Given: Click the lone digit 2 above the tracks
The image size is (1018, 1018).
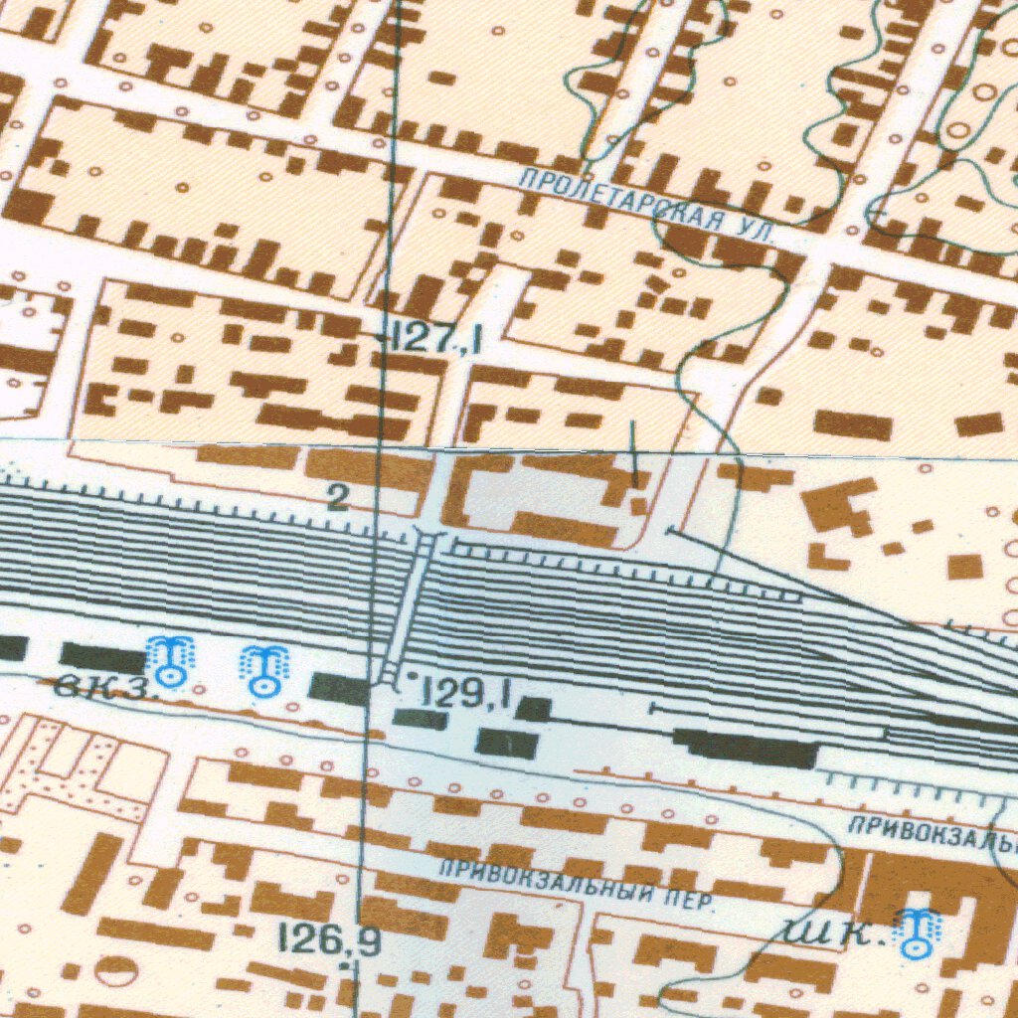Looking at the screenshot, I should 338,499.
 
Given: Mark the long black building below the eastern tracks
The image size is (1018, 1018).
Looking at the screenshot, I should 746,748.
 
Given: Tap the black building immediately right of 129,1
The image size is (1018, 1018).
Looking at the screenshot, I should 535,709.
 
